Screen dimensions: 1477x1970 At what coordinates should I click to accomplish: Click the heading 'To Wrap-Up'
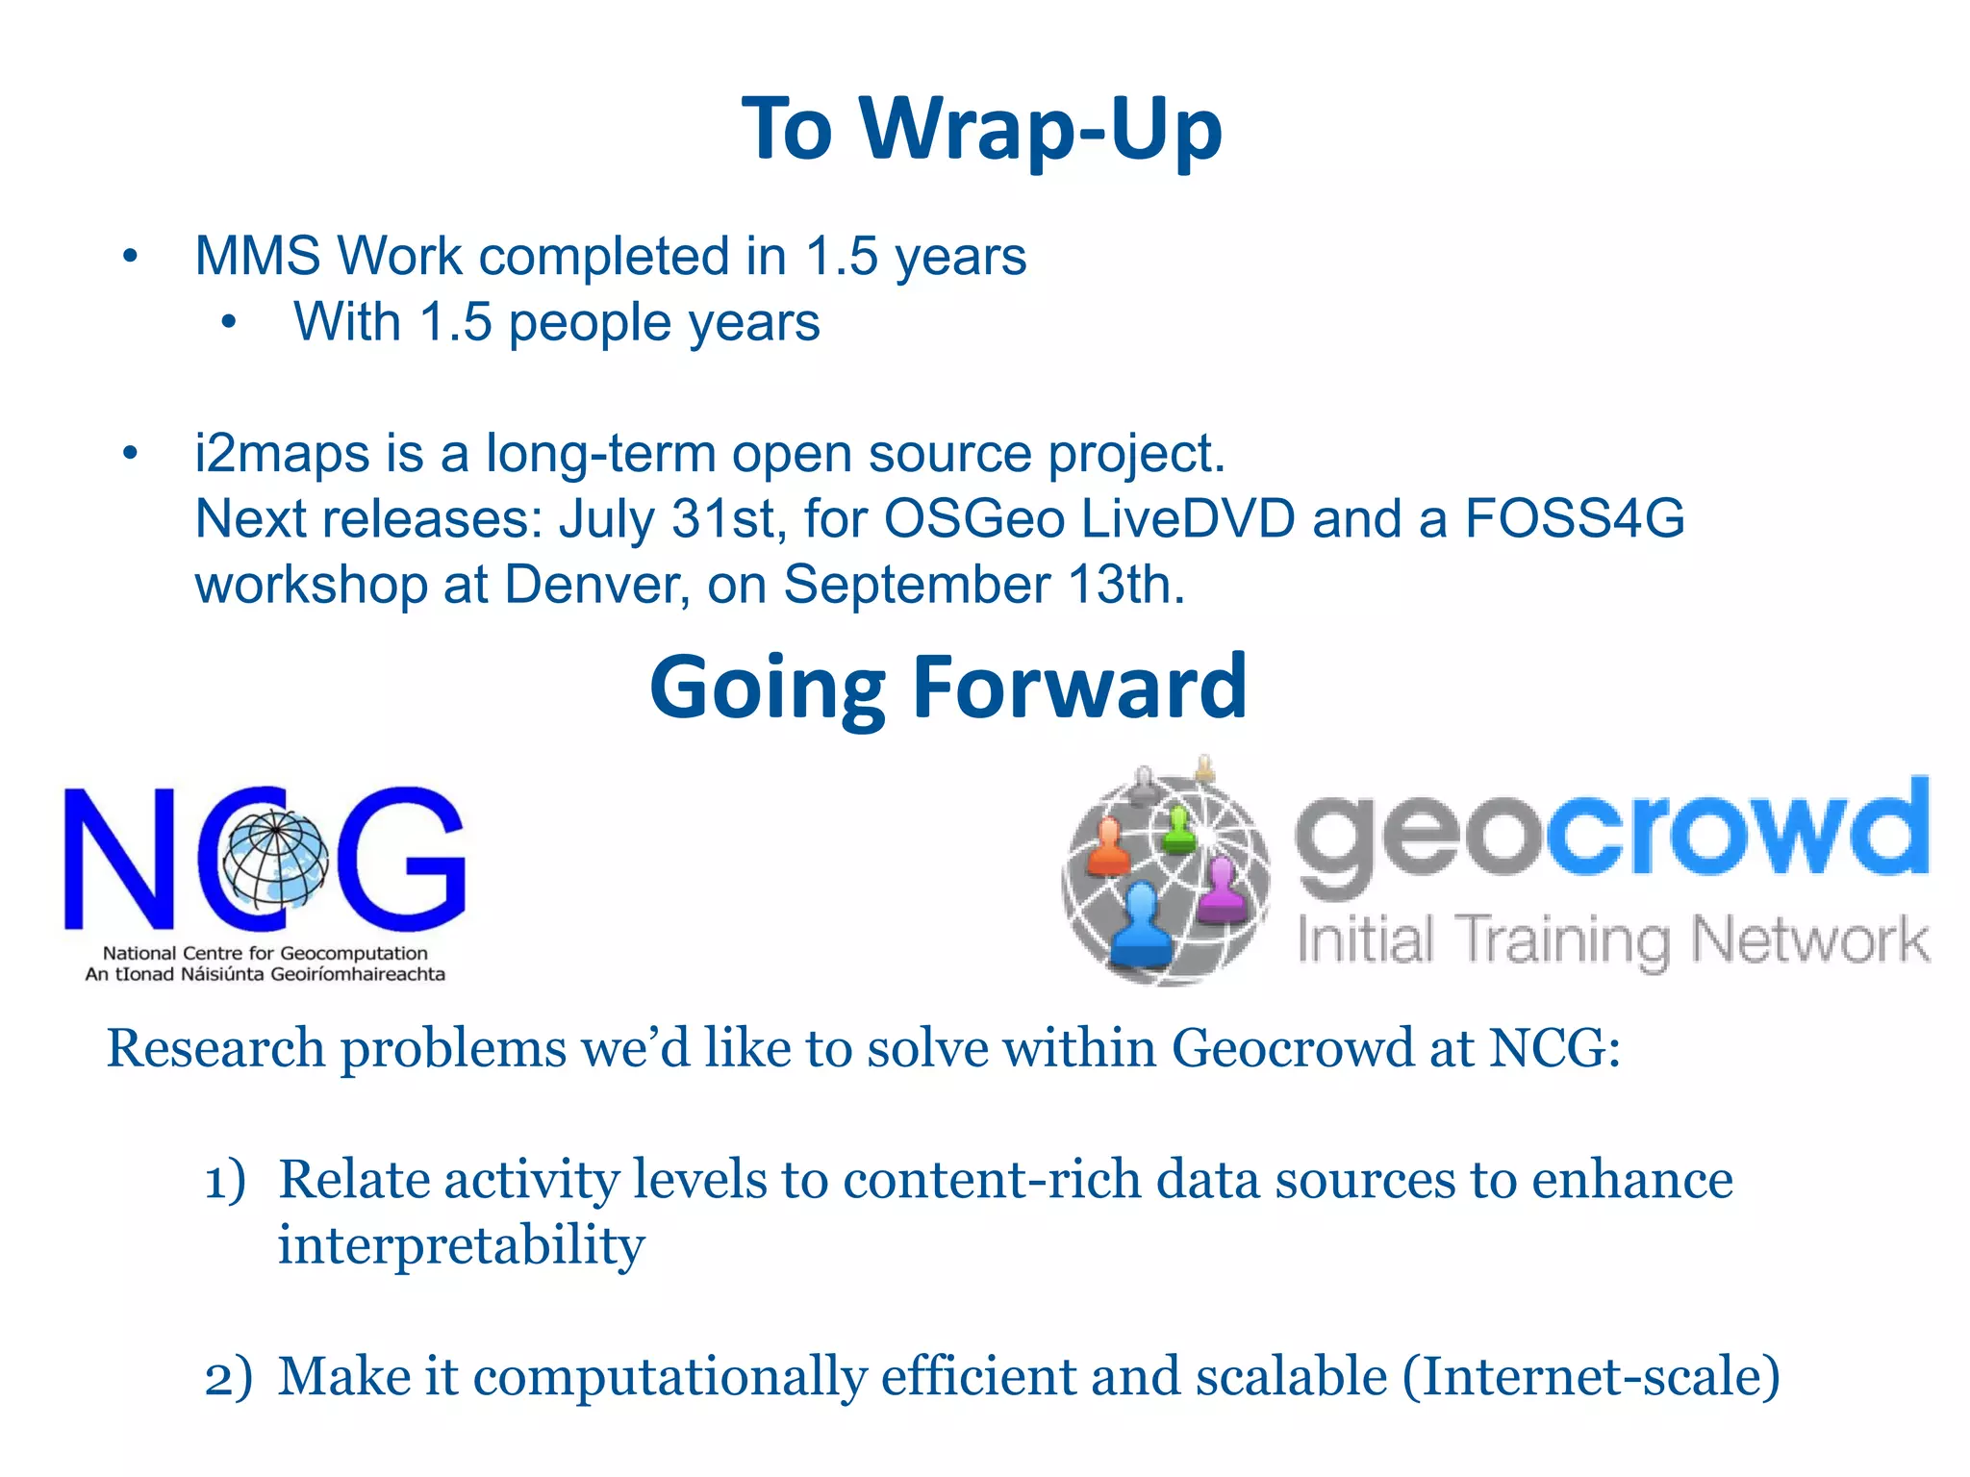click(982, 129)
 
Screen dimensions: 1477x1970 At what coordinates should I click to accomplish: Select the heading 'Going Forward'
click(947, 687)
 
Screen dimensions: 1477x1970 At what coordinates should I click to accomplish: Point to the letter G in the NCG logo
click(401, 859)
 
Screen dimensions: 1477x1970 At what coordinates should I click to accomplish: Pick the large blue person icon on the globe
click(1142, 925)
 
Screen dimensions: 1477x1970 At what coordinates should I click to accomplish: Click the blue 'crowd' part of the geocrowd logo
click(1736, 829)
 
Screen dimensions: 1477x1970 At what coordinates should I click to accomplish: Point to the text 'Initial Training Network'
click(1612, 939)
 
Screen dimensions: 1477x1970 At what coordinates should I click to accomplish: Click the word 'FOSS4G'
click(1574, 518)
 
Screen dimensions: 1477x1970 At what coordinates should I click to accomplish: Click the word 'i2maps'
click(281, 453)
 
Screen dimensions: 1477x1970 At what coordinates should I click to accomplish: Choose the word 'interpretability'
click(461, 1245)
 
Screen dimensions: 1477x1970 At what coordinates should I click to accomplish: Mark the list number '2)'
click(228, 1377)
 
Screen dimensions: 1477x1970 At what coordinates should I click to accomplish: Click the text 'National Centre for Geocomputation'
click(265, 953)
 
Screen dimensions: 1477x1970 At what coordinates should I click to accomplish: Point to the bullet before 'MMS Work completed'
click(131, 257)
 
